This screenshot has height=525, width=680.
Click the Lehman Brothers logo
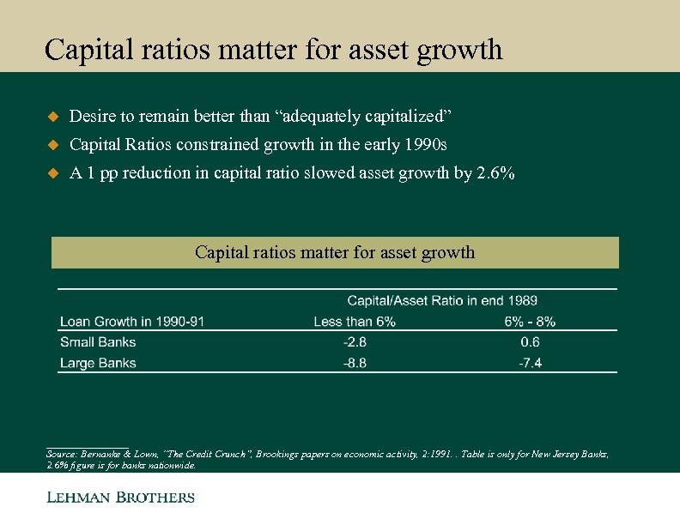pos(120,498)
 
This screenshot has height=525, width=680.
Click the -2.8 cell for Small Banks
pos(355,342)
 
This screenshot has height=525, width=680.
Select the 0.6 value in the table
pos(530,342)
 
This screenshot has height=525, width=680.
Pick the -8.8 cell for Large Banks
pos(355,363)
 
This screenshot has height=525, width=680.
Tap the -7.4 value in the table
pos(530,363)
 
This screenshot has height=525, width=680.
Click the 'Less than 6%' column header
pos(355,322)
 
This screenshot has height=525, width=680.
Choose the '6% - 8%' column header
pos(530,322)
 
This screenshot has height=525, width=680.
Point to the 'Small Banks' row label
pos(98,342)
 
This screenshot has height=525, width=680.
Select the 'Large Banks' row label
pos(98,363)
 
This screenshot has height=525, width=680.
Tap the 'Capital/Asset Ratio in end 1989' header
pos(442,300)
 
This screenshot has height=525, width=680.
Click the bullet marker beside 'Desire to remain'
pos(51,116)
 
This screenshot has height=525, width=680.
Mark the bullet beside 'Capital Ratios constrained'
pos(51,144)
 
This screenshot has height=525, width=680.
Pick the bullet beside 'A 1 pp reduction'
pos(51,173)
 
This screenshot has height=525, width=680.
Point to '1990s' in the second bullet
pos(427,144)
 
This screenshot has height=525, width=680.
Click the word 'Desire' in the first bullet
pos(90,116)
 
